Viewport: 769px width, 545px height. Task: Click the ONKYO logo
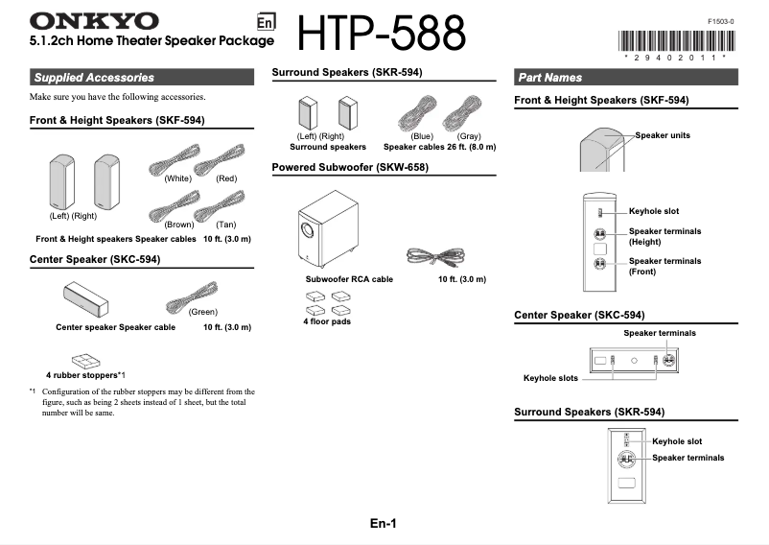pos(94,20)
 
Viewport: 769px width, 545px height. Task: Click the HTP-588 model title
pos(382,35)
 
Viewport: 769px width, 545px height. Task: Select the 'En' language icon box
pos(268,23)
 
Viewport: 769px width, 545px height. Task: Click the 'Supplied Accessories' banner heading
pos(93,77)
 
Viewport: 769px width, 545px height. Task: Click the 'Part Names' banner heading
pos(549,77)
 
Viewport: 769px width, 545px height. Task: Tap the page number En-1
pos(384,523)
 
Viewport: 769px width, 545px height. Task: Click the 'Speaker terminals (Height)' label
pos(664,236)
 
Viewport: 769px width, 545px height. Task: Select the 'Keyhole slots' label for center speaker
pos(550,378)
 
